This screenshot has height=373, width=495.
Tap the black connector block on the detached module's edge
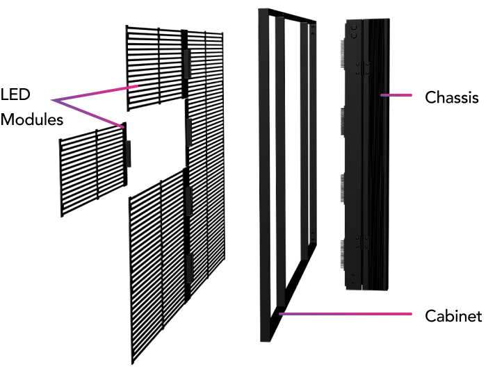pyautogui.click(x=128, y=152)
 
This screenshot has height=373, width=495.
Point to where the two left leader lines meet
pyautogui.click(x=52, y=101)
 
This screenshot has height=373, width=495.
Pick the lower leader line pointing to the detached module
pyautogui.click(x=90, y=114)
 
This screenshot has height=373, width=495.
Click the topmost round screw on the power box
pyautogui.click(x=355, y=27)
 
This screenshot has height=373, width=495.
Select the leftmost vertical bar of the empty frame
pyautogui.click(x=263, y=174)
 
